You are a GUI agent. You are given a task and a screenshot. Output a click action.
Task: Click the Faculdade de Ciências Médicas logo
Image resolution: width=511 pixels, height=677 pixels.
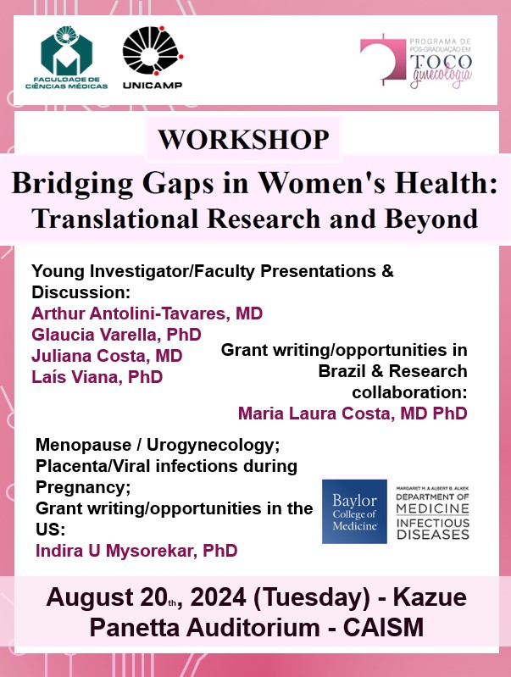click(x=66, y=58)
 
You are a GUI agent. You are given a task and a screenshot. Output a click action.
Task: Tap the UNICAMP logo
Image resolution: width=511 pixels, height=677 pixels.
click(x=153, y=58)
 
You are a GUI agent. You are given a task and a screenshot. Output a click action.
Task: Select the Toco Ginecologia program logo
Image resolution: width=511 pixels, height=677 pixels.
click(x=415, y=61)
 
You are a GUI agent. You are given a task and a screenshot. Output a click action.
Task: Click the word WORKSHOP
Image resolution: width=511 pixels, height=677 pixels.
click(x=243, y=140)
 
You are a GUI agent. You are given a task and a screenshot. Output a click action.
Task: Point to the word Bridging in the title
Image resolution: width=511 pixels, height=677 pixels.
click(x=73, y=183)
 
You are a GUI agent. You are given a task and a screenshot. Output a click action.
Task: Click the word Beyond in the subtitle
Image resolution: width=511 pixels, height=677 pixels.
click(x=431, y=218)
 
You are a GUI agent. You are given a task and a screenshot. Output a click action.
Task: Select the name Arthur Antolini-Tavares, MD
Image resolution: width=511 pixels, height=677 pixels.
click(x=147, y=314)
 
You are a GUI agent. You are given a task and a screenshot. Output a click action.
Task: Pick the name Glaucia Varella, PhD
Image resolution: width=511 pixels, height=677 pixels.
click(x=116, y=335)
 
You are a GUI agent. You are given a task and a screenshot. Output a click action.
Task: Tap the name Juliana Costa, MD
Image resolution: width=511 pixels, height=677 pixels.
click(x=107, y=356)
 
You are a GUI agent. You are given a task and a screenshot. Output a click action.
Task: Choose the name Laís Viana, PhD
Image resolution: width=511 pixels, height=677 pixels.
click(x=97, y=377)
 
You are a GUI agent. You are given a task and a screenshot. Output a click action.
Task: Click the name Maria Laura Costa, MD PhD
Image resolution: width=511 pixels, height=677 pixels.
click(x=353, y=413)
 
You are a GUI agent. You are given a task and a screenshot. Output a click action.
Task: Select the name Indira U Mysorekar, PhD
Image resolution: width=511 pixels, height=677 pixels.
click(x=136, y=551)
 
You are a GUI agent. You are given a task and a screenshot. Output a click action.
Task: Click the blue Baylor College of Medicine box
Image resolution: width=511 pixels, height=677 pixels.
click(x=354, y=511)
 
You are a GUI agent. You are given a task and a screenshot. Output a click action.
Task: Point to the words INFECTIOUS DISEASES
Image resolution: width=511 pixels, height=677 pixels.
click(x=433, y=529)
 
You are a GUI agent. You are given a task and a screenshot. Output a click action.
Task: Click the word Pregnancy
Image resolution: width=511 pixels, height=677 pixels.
click(x=81, y=487)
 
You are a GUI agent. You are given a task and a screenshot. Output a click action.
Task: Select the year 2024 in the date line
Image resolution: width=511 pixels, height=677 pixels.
click(x=218, y=597)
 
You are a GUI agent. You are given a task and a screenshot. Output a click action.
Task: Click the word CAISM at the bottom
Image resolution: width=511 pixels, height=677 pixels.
click(x=384, y=627)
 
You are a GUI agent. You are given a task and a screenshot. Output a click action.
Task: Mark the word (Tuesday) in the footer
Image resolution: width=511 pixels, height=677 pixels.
click(x=312, y=597)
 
